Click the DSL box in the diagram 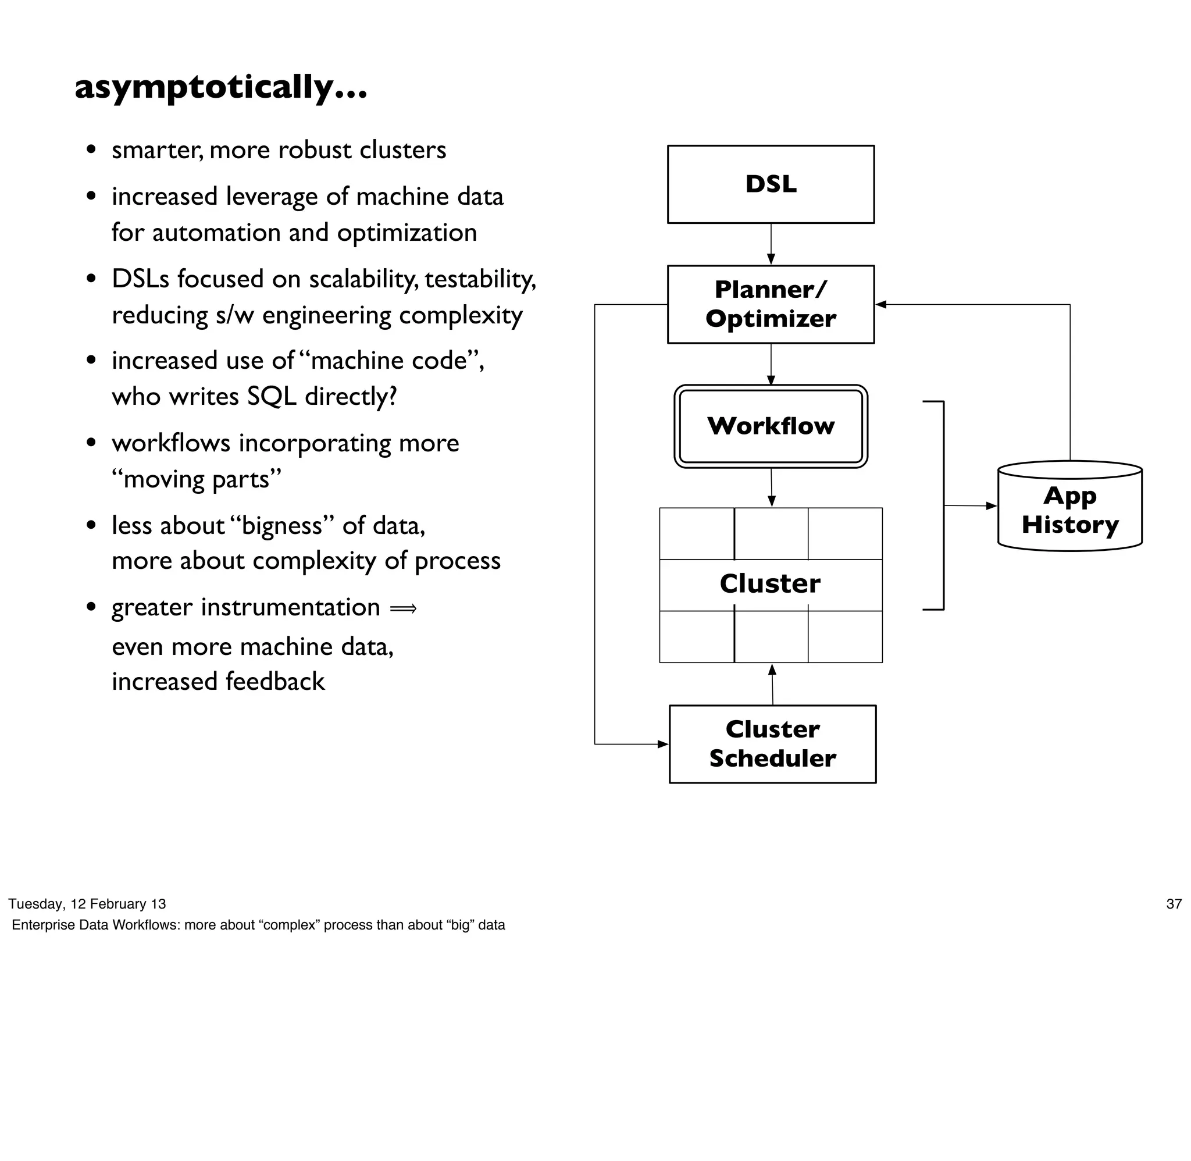(771, 184)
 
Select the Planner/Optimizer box (771, 304)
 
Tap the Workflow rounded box (771, 426)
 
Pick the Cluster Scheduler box (772, 743)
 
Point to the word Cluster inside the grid (770, 583)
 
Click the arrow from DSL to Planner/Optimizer (771, 244)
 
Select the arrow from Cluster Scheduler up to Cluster (772, 684)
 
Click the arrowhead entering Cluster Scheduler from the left (663, 744)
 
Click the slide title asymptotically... (220, 87)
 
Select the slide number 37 (1174, 904)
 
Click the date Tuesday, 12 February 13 (87, 904)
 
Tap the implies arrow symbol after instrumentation (403, 608)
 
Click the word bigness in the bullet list (281, 526)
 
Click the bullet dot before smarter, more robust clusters (91, 149)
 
